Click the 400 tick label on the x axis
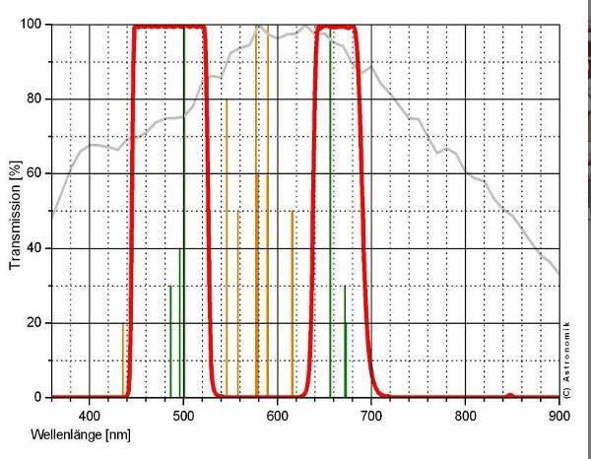89,415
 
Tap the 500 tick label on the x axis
183,415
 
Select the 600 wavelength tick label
277,415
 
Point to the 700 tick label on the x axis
371,415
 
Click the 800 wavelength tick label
465,415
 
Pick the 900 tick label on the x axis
558,415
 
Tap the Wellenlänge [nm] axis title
80,434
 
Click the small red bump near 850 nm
509,395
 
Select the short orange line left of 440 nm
123,360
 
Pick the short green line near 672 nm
345,340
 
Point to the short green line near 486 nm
170,340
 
